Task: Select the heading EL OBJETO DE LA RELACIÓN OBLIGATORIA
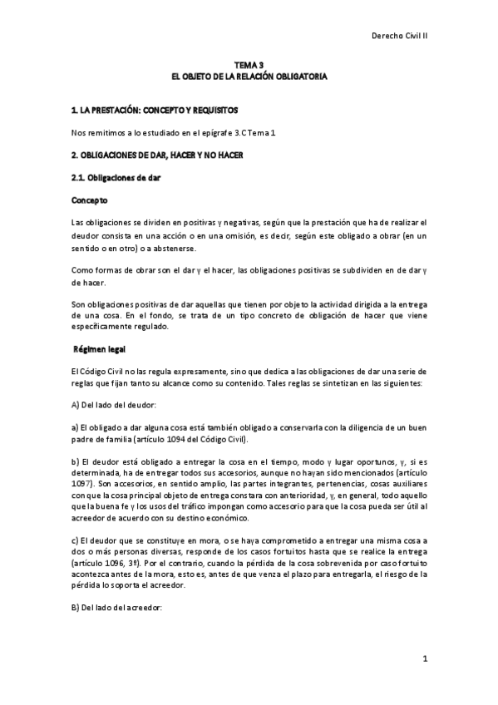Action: [249, 76]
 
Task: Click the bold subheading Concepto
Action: [90, 200]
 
